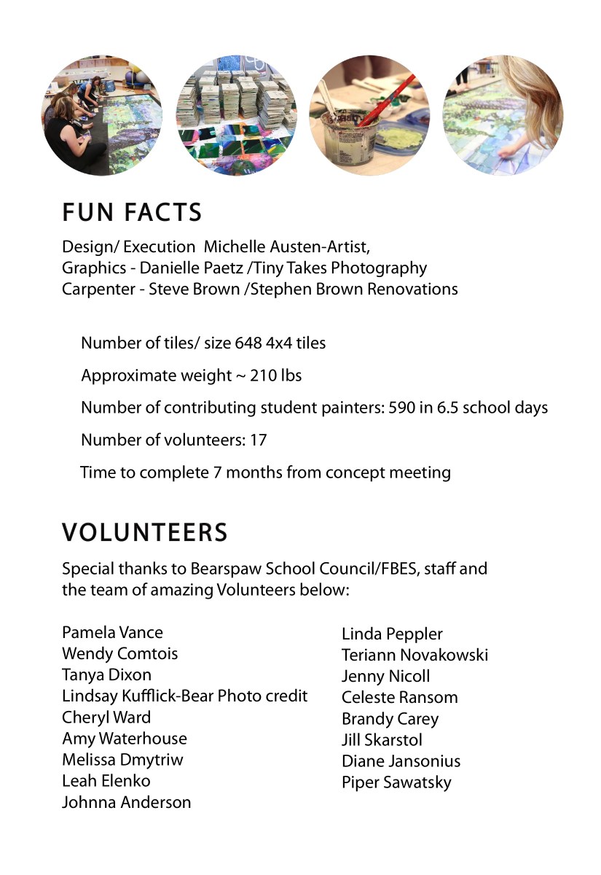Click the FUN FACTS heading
(x=132, y=212)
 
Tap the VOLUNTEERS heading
(x=145, y=533)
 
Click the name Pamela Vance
(x=112, y=632)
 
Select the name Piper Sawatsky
(x=396, y=782)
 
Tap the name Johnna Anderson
(x=126, y=802)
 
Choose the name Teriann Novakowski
(x=415, y=655)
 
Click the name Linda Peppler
(x=392, y=634)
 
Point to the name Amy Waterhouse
(x=124, y=739)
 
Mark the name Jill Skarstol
(x=382, y=740)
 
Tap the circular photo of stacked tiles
(x=237, y=115)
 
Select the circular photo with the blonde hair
(x=503, y=115)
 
